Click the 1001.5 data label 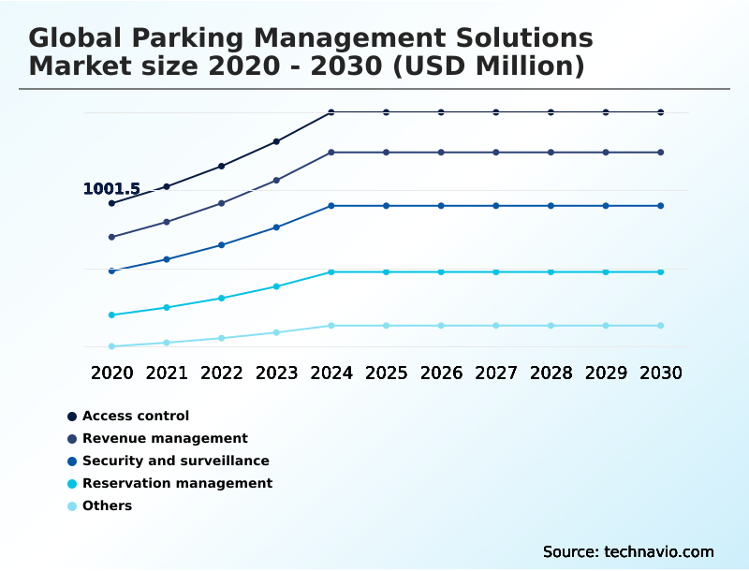point(111,189)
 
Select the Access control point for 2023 point(276,141)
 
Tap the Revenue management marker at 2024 point(331,152)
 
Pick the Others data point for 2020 point(111,346)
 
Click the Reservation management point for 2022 point(222,298)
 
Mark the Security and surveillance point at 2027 point(496,205)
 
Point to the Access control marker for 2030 point(661,112)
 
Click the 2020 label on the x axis point(112,373)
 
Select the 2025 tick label point(386,373)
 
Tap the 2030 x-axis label point(661,373)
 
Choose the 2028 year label point(551,373)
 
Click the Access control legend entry point(136,416)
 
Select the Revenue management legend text point(165,438)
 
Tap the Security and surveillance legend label point(175,461)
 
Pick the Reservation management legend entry point(177,483)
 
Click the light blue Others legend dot point(71,505)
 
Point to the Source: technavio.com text point(628,551)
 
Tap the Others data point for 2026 point(441,326)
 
